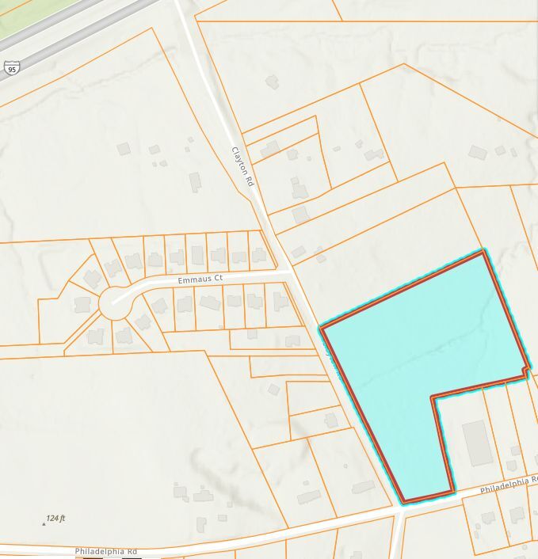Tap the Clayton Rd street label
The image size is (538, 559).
[242, 166]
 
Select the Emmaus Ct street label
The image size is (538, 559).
[200, 279]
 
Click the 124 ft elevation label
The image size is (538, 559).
[55, 518]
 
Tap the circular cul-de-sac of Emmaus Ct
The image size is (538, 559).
[115, 302]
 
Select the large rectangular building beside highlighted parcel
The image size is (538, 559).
[477, 443]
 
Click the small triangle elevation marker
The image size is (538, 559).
[44, 523]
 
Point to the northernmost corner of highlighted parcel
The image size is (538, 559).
[483, 253]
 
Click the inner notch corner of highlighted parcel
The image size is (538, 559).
[433, 397]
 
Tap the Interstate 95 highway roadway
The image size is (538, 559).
[71, 40]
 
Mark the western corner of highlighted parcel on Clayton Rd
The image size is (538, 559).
[321, 326]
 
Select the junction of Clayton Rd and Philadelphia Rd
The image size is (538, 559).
[399, 512]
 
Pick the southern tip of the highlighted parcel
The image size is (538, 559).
[403, 501]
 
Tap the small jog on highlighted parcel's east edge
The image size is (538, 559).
[527, 371]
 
